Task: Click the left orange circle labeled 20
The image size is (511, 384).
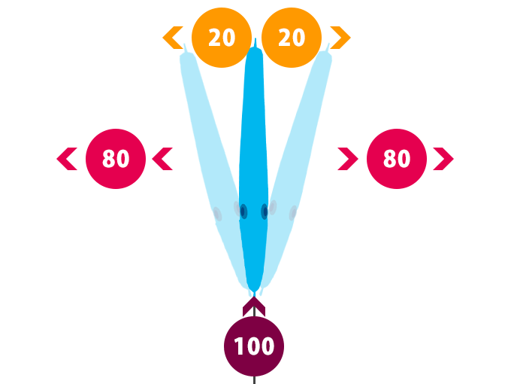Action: [x=222, y=38]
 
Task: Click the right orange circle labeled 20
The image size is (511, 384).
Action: [x=292, y=38]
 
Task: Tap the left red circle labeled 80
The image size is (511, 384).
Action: [x=116, y=159]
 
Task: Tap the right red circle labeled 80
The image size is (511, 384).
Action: [x=397, y=159]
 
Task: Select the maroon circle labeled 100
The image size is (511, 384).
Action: [x=254, y=346]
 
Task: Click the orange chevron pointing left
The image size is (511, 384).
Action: [x=174, y=37]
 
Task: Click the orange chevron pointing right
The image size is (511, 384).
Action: [x=340, y=37]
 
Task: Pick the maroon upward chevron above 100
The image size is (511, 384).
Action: [x=254, y=306]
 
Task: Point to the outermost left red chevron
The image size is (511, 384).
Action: [x=67, y=159]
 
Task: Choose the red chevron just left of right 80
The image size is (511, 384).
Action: [x=348, y=159]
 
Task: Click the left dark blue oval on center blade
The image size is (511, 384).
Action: [x=243, y=212]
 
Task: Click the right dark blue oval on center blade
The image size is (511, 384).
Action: [x=265, y=212]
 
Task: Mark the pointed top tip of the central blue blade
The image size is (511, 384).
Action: [x=255, y=41]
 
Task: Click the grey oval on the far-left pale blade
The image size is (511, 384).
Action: [x=217, y=215]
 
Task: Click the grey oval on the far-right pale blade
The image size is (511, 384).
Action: [x=293, y=214]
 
